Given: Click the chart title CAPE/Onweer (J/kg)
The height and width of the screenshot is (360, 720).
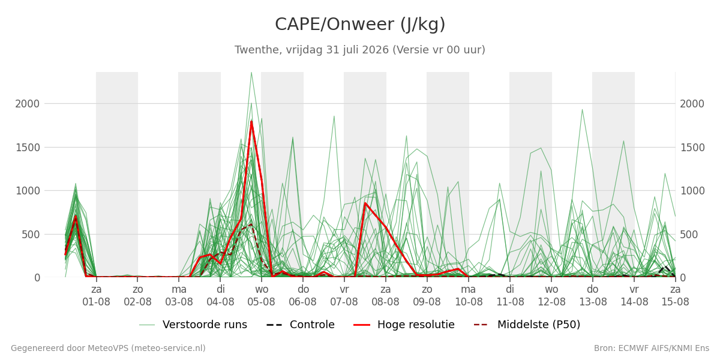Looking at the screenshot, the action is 360,25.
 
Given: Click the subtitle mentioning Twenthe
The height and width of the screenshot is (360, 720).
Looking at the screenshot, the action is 359,50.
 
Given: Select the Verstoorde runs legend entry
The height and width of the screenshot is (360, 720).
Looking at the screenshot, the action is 193,325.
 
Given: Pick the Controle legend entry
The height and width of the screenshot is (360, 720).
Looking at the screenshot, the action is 301,325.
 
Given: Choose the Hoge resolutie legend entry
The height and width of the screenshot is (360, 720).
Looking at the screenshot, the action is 404,325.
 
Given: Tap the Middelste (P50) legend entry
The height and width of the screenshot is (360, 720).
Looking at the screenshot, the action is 527,325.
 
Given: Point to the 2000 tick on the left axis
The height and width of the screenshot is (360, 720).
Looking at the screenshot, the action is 28,104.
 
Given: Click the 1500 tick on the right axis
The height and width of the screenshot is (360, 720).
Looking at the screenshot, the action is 692,148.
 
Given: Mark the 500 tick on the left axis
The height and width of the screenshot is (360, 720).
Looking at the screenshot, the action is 31,235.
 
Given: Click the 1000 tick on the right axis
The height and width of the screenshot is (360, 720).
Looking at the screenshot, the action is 692,191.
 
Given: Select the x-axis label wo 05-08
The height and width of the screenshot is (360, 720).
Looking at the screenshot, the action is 262,296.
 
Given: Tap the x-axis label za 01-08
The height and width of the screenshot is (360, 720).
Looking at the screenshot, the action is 96,296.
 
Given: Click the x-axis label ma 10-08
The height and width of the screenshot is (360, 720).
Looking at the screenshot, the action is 469,296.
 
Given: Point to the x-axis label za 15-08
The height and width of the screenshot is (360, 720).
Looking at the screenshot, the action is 675,296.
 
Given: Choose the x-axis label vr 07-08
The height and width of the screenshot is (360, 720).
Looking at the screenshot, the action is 344,296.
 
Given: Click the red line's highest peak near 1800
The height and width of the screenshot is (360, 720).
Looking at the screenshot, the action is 251,121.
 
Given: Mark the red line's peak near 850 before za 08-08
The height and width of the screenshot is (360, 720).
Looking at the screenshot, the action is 365,203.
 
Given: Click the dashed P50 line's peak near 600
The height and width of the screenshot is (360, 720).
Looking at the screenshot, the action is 251,224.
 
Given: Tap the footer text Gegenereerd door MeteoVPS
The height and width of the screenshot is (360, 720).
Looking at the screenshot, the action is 108,349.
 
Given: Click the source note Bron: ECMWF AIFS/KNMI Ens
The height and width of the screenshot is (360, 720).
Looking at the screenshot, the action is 651,349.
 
